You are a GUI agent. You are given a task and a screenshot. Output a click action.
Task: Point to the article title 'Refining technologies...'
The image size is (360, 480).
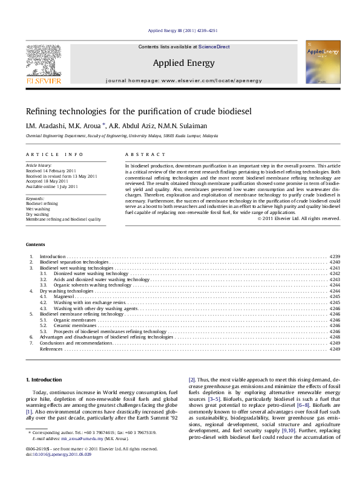pos(129,112)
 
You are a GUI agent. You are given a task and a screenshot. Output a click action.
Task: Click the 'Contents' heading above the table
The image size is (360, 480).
pos(35,244)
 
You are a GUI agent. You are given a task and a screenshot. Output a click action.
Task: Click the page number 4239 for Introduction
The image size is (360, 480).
pos(335,256)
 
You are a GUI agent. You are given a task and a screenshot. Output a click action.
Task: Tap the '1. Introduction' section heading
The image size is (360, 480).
pos(46,380)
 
